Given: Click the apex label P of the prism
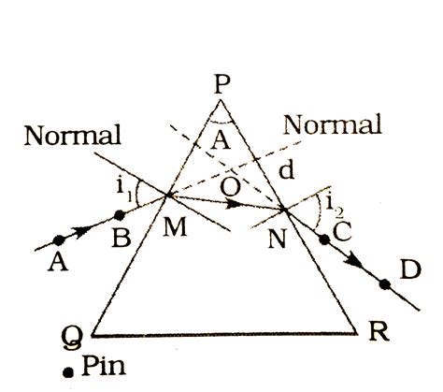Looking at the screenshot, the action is pyautogui.click(x=222, y=84).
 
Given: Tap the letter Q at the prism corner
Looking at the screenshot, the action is pyautogui.click(x=73, y=339).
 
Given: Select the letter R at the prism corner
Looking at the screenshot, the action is pyautogui.click(x=379, y=331).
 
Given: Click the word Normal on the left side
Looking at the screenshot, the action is pyautogui.click(x=73, y=136).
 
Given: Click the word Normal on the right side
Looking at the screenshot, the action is pyautogui.click(x=332, y=124).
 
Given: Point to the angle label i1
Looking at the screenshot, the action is pyautogui.click(x=124, y=190).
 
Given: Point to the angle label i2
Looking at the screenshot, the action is pyautogui.click(x=335, y=206).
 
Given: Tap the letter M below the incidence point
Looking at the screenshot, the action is pyautogui.click(x=175, y=226).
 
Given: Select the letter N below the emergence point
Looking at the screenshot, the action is pyautogui.click(x=277, y=239).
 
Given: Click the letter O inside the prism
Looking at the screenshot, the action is pyautogui.click(x=231, y=187).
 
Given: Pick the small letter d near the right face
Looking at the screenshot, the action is pyautogui.click(x=286, y=170).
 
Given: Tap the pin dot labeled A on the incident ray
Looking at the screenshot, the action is pyautogui.click(x=59, y=240).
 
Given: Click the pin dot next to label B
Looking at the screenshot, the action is pyautogui.click(x=120, y=215).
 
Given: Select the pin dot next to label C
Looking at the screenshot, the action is pyautogui.click(x=324, y=240).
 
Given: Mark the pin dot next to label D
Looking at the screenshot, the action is pyautogui.click(x=385, y=284).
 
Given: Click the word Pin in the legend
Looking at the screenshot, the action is pyautogui.click(x=104, y=365).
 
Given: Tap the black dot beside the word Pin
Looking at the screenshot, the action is pyautogui.click(x=68, y=372).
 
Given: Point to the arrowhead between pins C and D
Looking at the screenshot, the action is pyautogui.click(x=353, y=261).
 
